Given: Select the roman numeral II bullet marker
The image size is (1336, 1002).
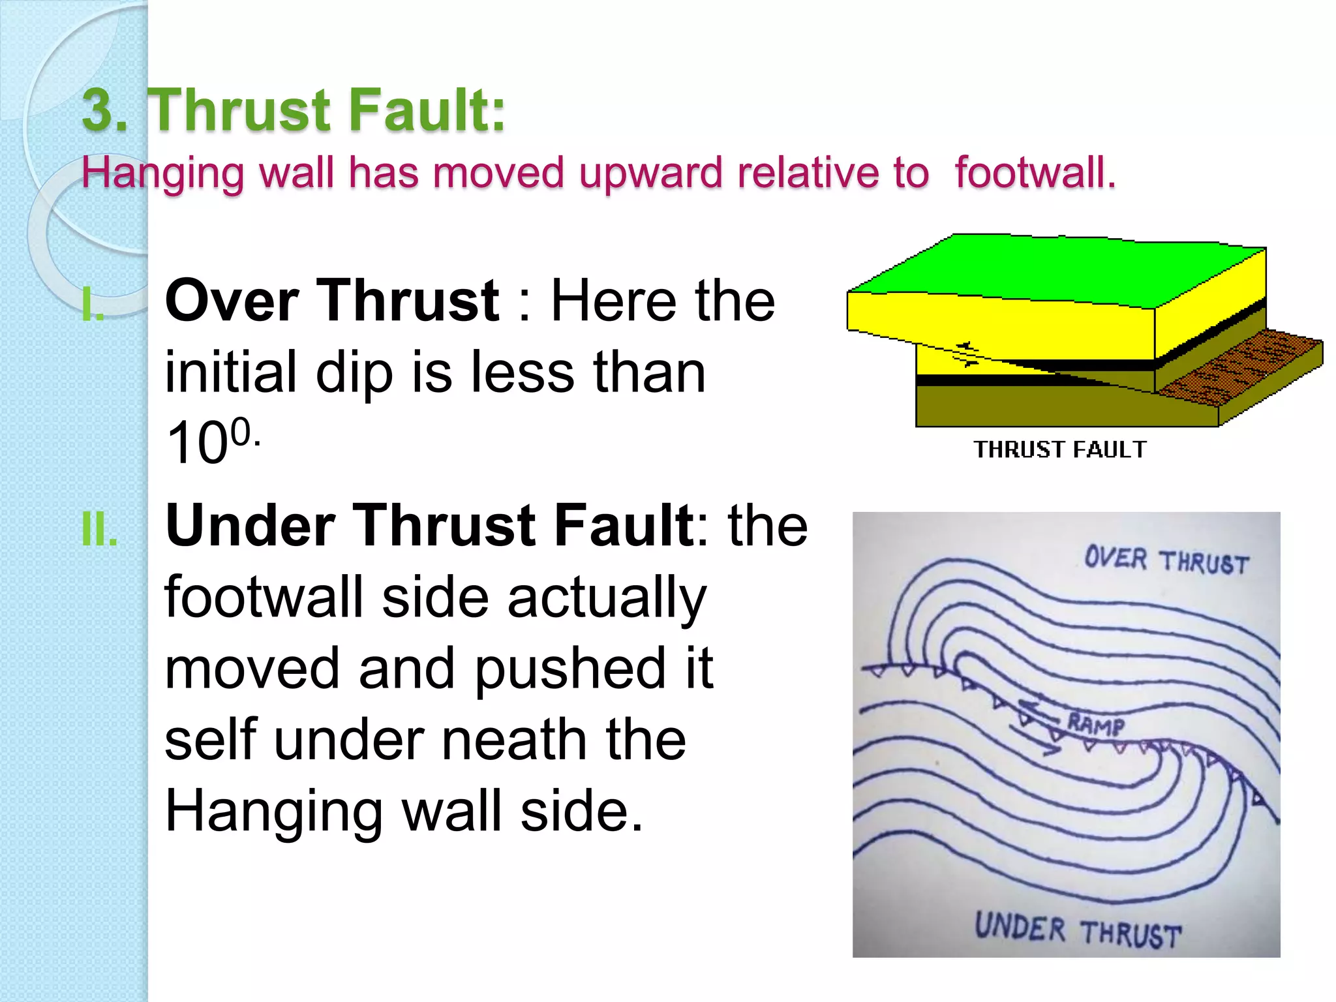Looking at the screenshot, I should [100, 529].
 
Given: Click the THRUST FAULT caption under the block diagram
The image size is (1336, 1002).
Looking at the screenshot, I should [1060, 449].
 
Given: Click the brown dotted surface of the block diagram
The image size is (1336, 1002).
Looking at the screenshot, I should [1239, 365].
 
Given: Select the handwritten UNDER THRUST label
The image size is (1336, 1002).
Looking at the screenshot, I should [1078, 930].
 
